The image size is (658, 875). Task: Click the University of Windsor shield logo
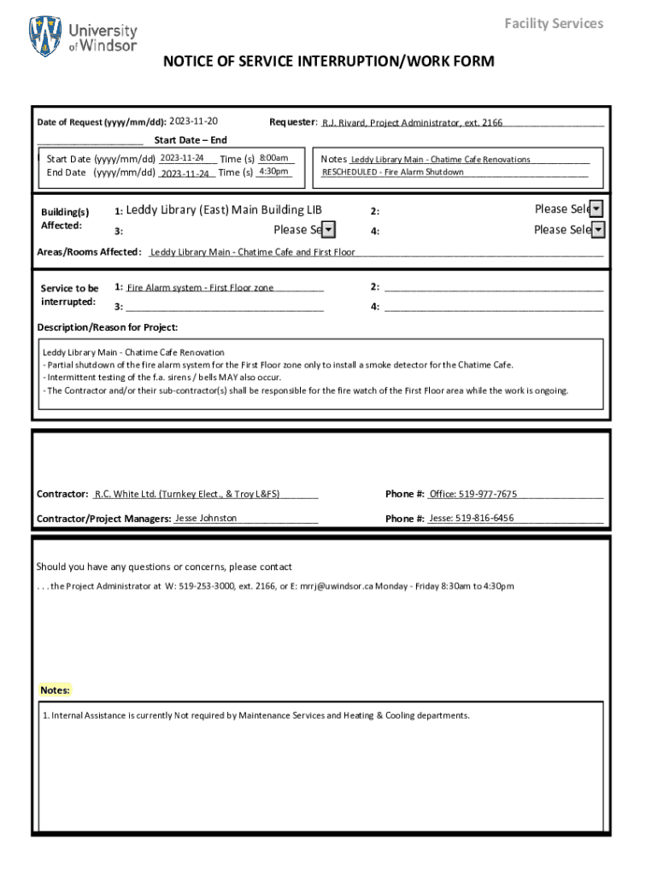point(45,37)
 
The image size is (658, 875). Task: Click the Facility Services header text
point(553,23)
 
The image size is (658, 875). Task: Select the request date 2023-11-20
point(194,121)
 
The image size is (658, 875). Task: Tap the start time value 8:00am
point(273,158)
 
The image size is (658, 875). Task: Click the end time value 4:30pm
point(273,172)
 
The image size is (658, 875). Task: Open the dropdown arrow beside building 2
point(596,209)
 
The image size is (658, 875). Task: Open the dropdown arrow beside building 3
point(328,230)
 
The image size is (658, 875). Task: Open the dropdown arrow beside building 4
point(598,230)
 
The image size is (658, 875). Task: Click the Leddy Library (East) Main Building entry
point(224,210)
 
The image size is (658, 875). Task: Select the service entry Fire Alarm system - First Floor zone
point(200,288)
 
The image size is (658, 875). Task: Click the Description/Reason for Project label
point(108,328)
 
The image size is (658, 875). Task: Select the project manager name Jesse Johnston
point(206,518)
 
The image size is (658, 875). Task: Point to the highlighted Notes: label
point(56,690)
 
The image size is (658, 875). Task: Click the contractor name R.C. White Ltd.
point(124,494)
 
